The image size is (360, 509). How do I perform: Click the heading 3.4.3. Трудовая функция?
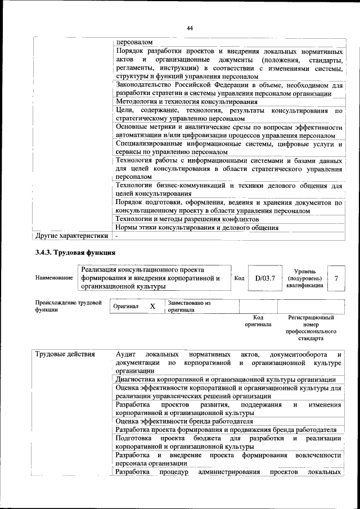click(x=75, y=252)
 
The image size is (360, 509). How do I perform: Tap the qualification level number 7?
click(x=336, y=278)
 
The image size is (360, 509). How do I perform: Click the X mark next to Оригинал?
click(x=152, y=306)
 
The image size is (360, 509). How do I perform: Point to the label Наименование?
click(x=53, y=278)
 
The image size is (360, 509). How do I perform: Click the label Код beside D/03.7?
click(x=239, y=278)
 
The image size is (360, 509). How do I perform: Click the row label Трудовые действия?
click(x=65, y=354)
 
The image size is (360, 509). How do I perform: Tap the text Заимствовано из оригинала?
click(x=188, y=306)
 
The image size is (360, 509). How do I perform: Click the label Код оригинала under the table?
click(x=258, y=321)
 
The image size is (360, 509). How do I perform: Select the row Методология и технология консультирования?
click(x=186, y=102)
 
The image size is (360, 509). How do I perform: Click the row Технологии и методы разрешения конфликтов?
click(x=187, y=219)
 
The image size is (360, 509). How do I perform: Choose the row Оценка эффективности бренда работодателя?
click(x=184, y=421)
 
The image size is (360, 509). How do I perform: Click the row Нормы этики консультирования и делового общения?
click(x=197, y=228)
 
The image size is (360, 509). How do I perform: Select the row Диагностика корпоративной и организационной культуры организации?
click(x=226, y=380)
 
